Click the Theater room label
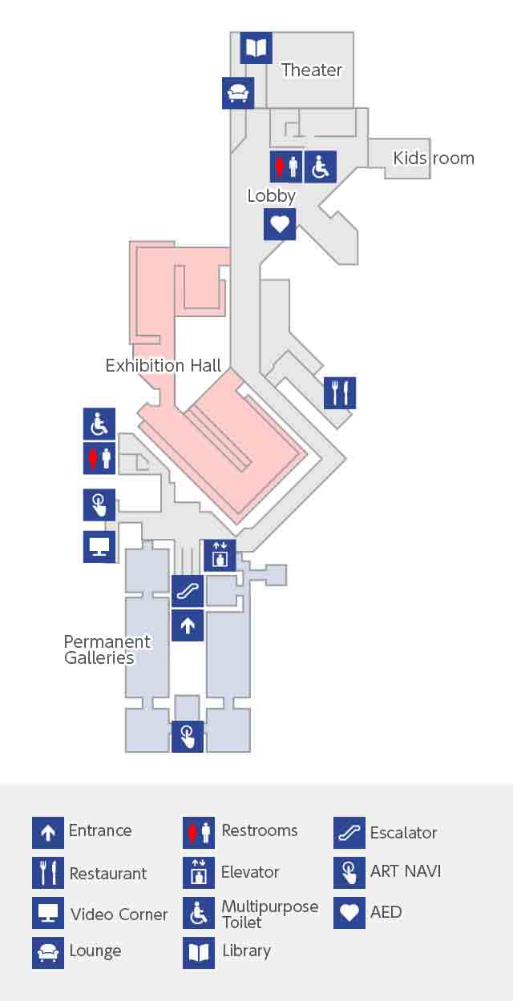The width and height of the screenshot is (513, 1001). pos(312,70)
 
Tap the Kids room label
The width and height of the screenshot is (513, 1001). pos(434,159)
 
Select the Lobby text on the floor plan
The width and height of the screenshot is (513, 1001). pos(272,196)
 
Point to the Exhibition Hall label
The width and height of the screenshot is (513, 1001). pos(164,365)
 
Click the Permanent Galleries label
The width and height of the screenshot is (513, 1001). pos(107,649)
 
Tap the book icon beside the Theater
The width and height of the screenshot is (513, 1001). pos(256,48)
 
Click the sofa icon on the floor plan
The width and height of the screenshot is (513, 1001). pos(238,93)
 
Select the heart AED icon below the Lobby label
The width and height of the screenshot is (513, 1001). pos(280,224)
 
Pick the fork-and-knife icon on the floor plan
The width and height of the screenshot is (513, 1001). pos(340,393)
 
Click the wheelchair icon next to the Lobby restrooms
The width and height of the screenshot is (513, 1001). pos(321,167)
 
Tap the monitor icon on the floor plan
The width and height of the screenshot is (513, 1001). pos(99,546)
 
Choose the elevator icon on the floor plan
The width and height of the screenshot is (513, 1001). pos(220,556)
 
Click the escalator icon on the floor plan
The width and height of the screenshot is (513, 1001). pos(188,591)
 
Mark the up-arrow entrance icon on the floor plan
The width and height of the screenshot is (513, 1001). pos(188,625)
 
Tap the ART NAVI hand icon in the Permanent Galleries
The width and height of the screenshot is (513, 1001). pos(188,736)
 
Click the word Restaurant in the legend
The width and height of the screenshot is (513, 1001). pos(108,873)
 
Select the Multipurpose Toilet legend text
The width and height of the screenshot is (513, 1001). pos(270,915)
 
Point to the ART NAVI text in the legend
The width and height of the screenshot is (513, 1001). pos(406,871)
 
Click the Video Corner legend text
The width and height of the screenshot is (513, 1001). pos(119,915)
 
